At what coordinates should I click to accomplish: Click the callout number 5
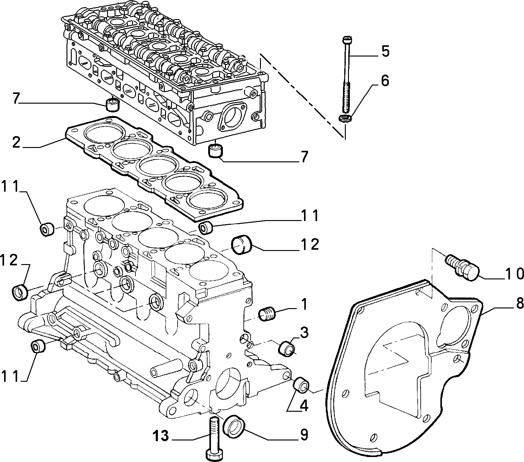(x=385, y=51)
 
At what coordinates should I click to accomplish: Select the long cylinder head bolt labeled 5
(x=347, y=75)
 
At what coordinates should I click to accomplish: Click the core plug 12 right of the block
(x=241, y=245)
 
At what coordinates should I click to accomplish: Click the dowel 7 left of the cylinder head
(x=112, y=105)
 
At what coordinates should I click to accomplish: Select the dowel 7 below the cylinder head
(x=215, y=151)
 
